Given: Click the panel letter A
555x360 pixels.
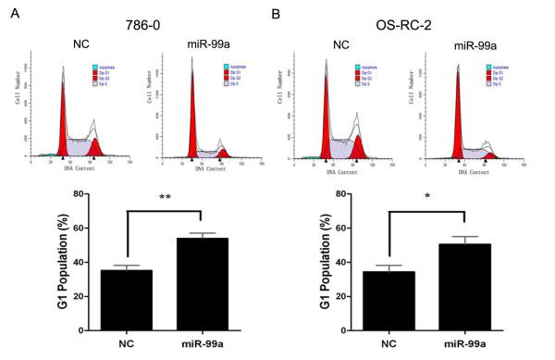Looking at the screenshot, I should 8,11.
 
